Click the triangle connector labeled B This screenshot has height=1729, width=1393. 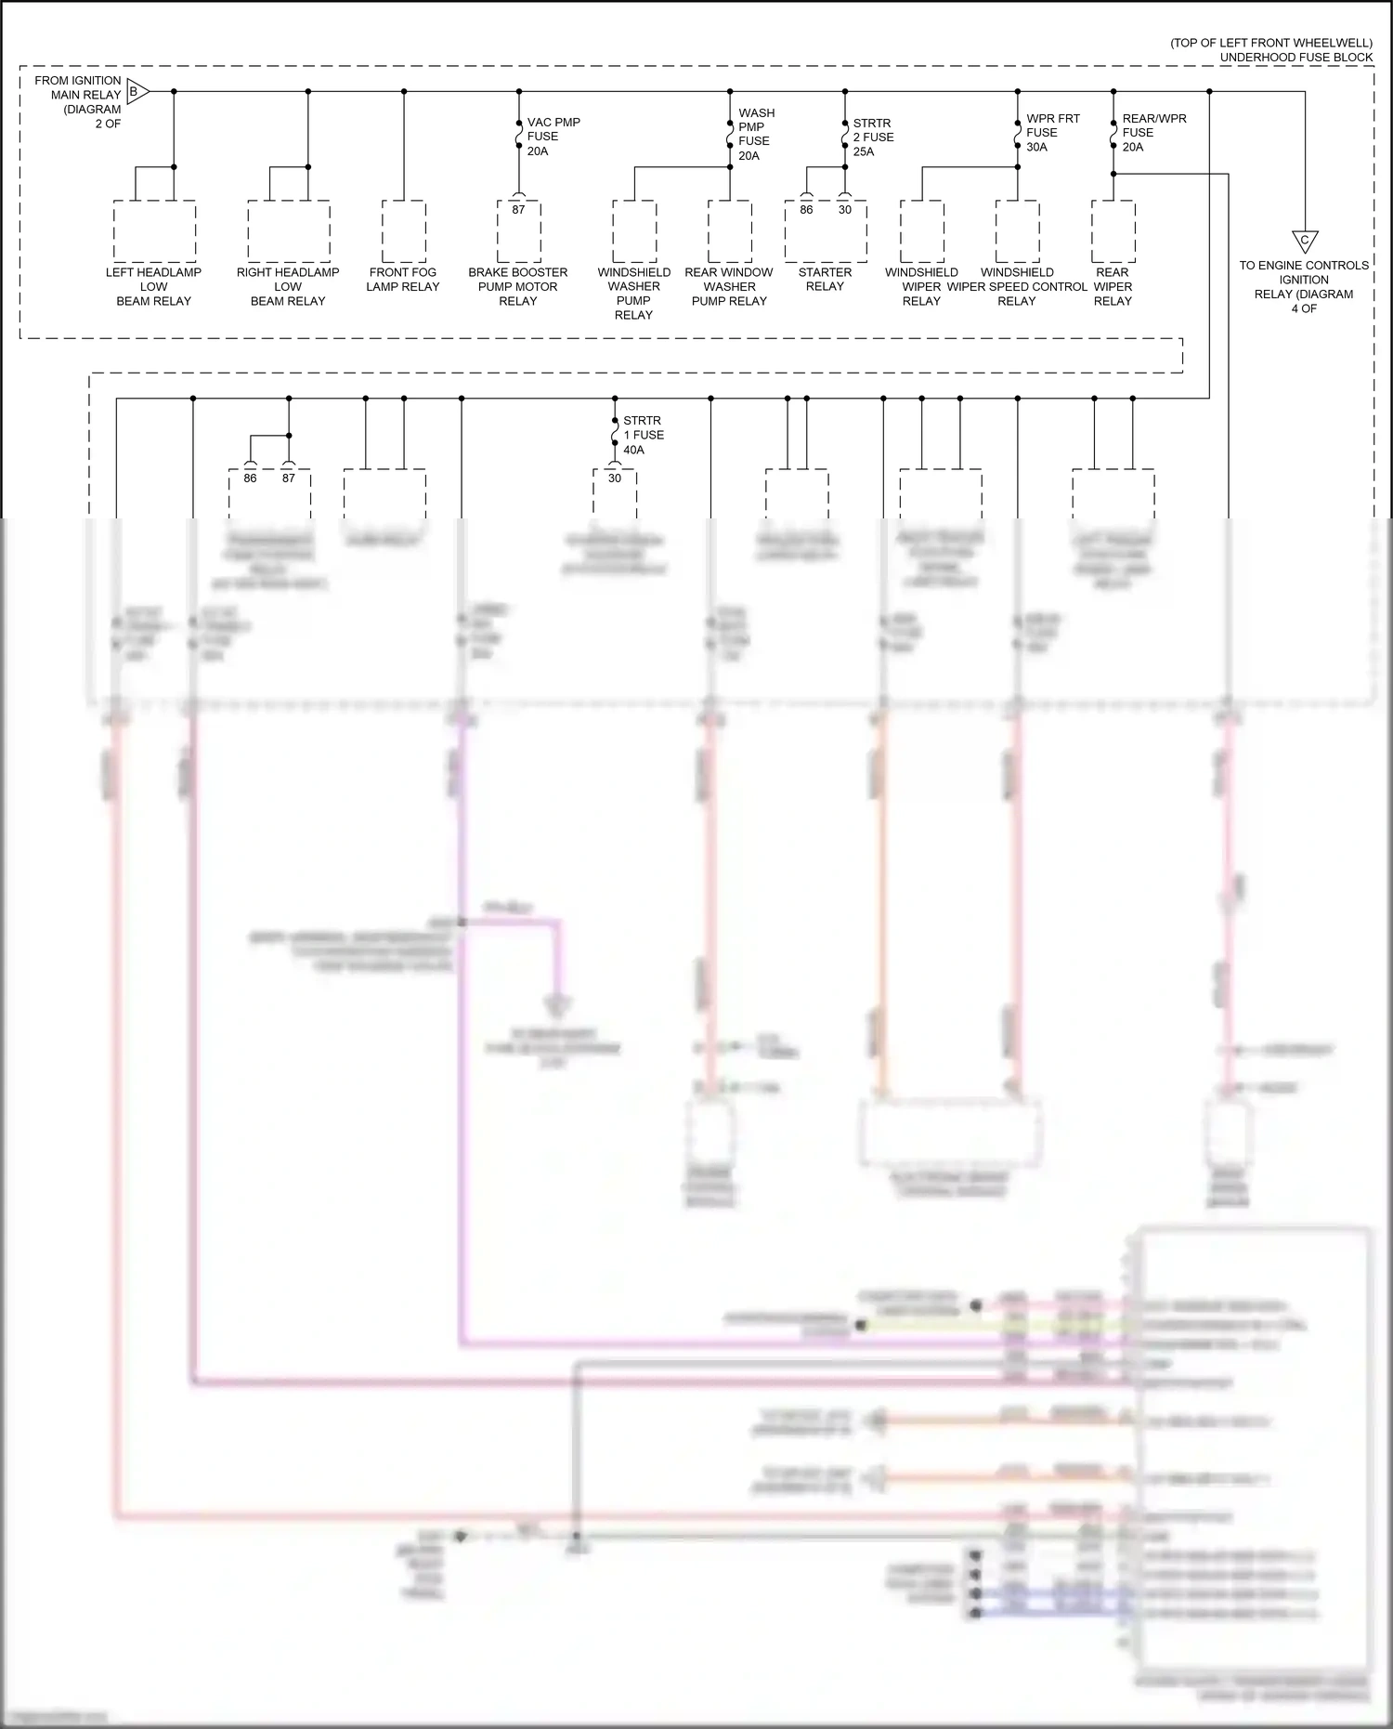(x=136, y=92)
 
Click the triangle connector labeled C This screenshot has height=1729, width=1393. (x=1304, y=242)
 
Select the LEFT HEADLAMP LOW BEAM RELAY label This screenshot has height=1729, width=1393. (x=153, y=286)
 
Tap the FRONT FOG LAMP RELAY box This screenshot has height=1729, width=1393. (x=403, y=231)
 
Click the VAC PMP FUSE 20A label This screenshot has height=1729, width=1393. (x=553, y=137)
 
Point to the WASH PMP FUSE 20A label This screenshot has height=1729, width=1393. (x=756, y=135)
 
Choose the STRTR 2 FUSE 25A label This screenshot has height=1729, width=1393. (x=873, y=137)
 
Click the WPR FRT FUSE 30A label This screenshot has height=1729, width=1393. (x=1052, y=133)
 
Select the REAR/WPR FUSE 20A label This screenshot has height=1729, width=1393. (x=1153, y=133)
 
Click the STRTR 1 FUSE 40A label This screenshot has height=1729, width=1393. (x=643, y=435)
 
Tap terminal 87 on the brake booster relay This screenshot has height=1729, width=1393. (x=518, y=210)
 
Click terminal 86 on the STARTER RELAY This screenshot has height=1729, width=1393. (x=806, y=210)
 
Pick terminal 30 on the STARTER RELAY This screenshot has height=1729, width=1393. (x=845, y=210)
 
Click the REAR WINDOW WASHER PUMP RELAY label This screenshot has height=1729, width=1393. (x=729, y=286)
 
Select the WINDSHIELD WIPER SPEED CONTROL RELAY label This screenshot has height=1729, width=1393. (x=1017, y=286)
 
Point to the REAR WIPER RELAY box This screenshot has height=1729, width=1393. (x=1113, y=231)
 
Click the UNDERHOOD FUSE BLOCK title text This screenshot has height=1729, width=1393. (x=1295, y=58)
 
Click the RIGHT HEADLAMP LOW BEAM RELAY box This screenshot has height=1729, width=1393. (x=288, y=231)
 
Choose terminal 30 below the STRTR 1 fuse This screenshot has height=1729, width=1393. (x=615, y=478)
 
